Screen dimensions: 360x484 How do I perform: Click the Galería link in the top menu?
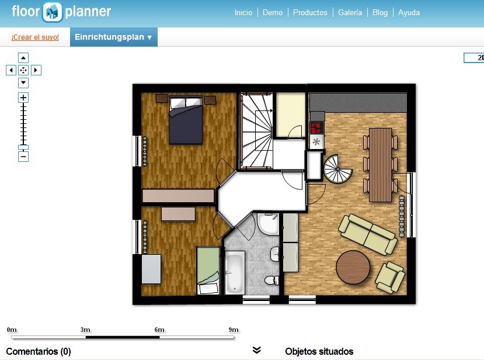pos(350,12)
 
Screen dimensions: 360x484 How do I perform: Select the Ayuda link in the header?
pos(409,12)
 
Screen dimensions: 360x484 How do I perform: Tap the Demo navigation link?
pos(273,12)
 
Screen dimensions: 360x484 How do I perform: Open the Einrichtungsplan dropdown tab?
pos(113,37)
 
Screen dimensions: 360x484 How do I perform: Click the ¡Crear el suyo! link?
pos(35,37)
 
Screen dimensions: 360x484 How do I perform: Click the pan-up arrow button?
pos(23,58)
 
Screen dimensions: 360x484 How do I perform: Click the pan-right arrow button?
pos(36,70)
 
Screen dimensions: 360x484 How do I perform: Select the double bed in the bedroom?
pos(186,120)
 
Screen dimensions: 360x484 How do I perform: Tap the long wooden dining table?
pos(381,164)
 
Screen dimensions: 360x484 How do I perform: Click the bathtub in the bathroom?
pos(235,272)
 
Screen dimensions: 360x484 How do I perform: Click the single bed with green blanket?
pos(208,270)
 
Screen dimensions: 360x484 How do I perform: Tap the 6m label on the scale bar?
pos(159,330)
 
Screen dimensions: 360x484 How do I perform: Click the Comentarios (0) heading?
pos(39,351)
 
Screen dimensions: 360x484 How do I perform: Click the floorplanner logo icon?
pos(53,12)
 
